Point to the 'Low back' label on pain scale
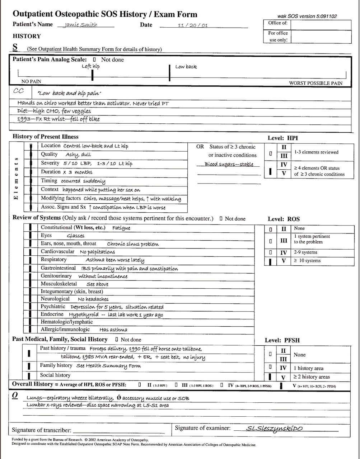click(x=186, y=67)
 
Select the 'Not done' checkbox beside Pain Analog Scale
click(x=94, y=60)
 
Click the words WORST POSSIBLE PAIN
click(x=315, y=83)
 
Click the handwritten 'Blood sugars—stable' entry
click(x=229, y=164)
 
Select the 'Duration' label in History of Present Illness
click(x=51, y=172)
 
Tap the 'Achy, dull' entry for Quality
click(x=78, y=155)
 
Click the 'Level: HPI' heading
click(x=283, y=138)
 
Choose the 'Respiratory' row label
click(x=53, y=259)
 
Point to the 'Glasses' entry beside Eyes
click(x=76, y=236)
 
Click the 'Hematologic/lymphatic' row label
click(x=63, y=322)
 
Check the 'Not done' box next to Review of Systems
click(x=221, y=219)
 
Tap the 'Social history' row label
click(x=55, y=375)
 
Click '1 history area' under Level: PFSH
click(x=308, y=368)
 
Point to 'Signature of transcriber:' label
click(x=42, y=430)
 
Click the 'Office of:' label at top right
click(x=277, y=23)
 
